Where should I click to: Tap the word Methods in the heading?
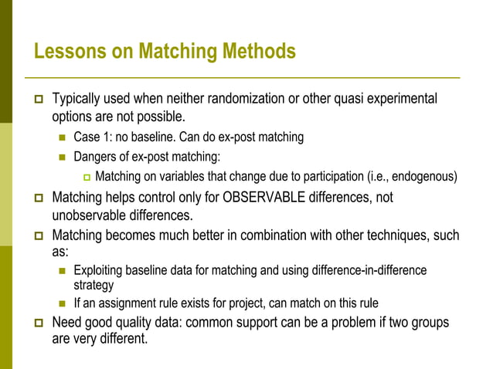coord(259,52)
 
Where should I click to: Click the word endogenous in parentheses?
coord(424,176)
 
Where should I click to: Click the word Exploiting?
coord(99,270)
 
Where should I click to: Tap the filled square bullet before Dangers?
coord(63,157)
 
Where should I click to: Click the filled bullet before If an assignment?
coord(63,304)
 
